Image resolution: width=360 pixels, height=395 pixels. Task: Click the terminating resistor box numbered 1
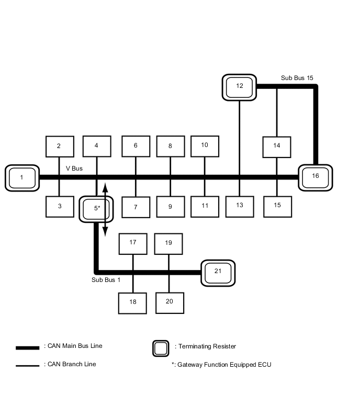22,178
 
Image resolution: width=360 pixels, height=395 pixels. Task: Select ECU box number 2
59,146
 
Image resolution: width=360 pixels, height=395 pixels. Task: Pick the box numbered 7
136,207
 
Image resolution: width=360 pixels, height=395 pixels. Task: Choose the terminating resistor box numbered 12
240,87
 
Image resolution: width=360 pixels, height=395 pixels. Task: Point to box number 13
240,206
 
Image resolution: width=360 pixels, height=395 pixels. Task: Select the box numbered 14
277,146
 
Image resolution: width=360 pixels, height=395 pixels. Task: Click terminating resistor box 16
315,177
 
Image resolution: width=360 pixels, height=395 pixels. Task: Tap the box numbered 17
133,243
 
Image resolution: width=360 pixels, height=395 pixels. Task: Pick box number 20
170,302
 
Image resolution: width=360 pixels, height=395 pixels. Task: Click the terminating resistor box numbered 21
218,272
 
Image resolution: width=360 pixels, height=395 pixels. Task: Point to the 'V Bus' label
74,169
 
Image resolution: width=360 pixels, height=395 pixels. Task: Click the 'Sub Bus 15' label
297,78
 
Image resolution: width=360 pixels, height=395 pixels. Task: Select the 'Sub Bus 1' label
106,280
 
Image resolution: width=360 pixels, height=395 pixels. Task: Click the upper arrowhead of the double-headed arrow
105,186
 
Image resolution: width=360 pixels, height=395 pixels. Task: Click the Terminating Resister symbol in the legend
161,348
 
